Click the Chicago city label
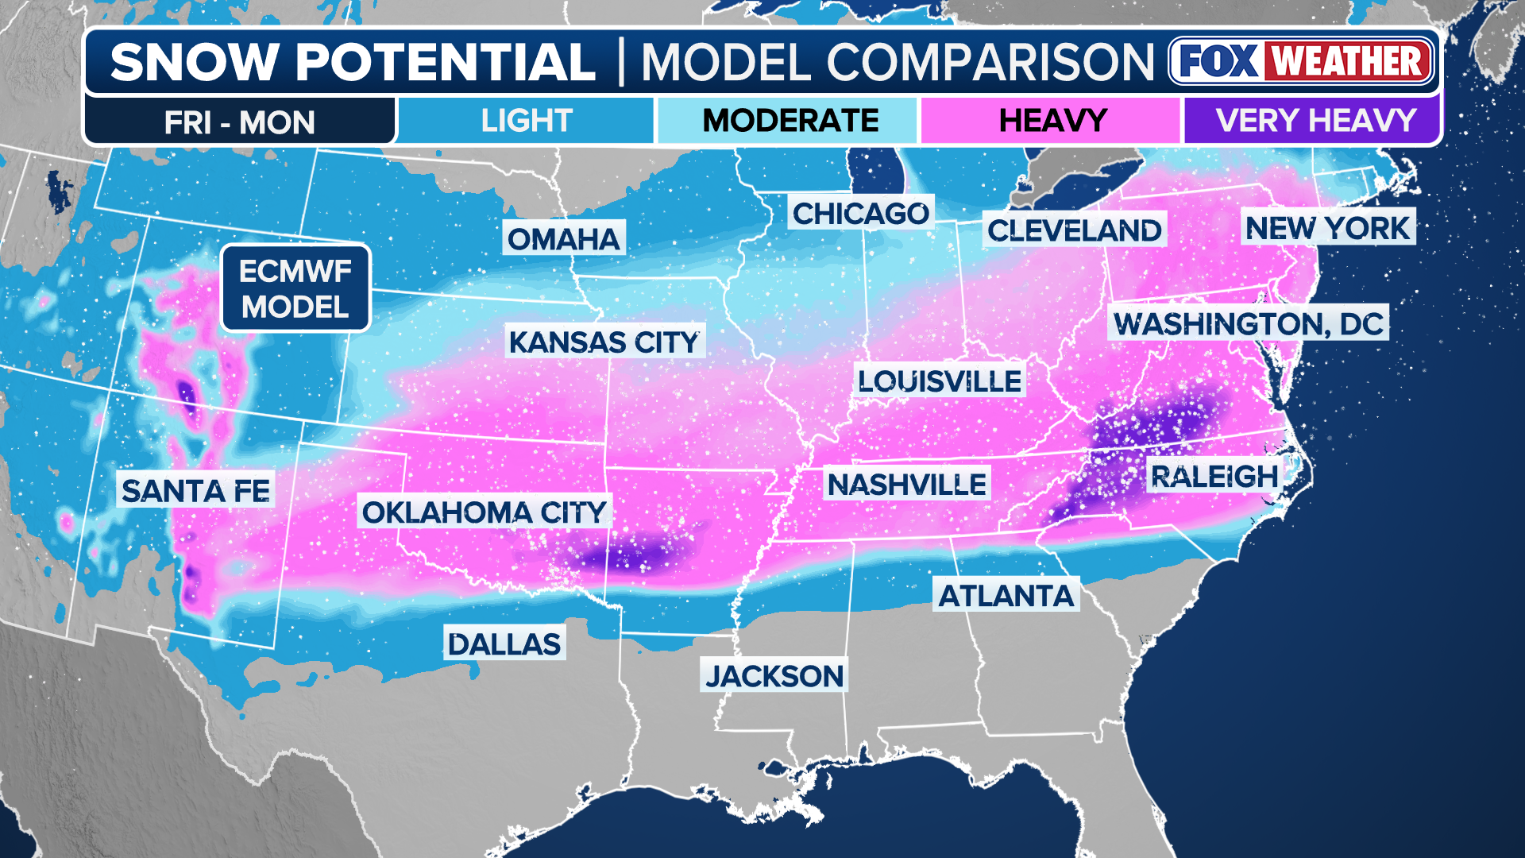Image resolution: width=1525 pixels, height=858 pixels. click(860, 213)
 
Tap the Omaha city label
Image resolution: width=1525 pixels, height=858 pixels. click(563, 238)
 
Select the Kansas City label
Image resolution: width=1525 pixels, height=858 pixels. click(604, 342)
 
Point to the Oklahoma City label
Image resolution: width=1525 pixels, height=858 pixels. click(485, 512)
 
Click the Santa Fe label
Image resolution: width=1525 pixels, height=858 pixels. click(195, 490)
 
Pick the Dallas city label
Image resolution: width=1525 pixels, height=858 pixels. click(504, 643)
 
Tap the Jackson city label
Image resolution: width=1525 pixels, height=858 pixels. click(774, 676)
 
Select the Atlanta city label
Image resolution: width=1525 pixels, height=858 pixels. click(1006, 595)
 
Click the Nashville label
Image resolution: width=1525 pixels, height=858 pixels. click(906, 484)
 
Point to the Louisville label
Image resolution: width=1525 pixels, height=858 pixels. click(940, 381)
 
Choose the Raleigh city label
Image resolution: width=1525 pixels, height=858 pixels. click(1214, 477)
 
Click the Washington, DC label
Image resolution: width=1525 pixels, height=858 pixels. click(1248, 323)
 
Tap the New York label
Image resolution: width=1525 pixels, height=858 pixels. click(1327, 228)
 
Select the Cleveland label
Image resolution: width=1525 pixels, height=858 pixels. click(1074, 230)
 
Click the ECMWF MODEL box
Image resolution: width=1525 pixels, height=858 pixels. click(295, 288)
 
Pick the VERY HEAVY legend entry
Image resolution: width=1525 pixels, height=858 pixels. click(1315, 121)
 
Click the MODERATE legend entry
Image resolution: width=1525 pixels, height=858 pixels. click(790, 121)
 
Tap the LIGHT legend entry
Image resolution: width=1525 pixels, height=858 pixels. click(526, 121)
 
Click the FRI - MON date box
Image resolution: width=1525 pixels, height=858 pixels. click(240, 122)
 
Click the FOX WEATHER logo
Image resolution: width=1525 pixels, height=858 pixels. click(1301, 61)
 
